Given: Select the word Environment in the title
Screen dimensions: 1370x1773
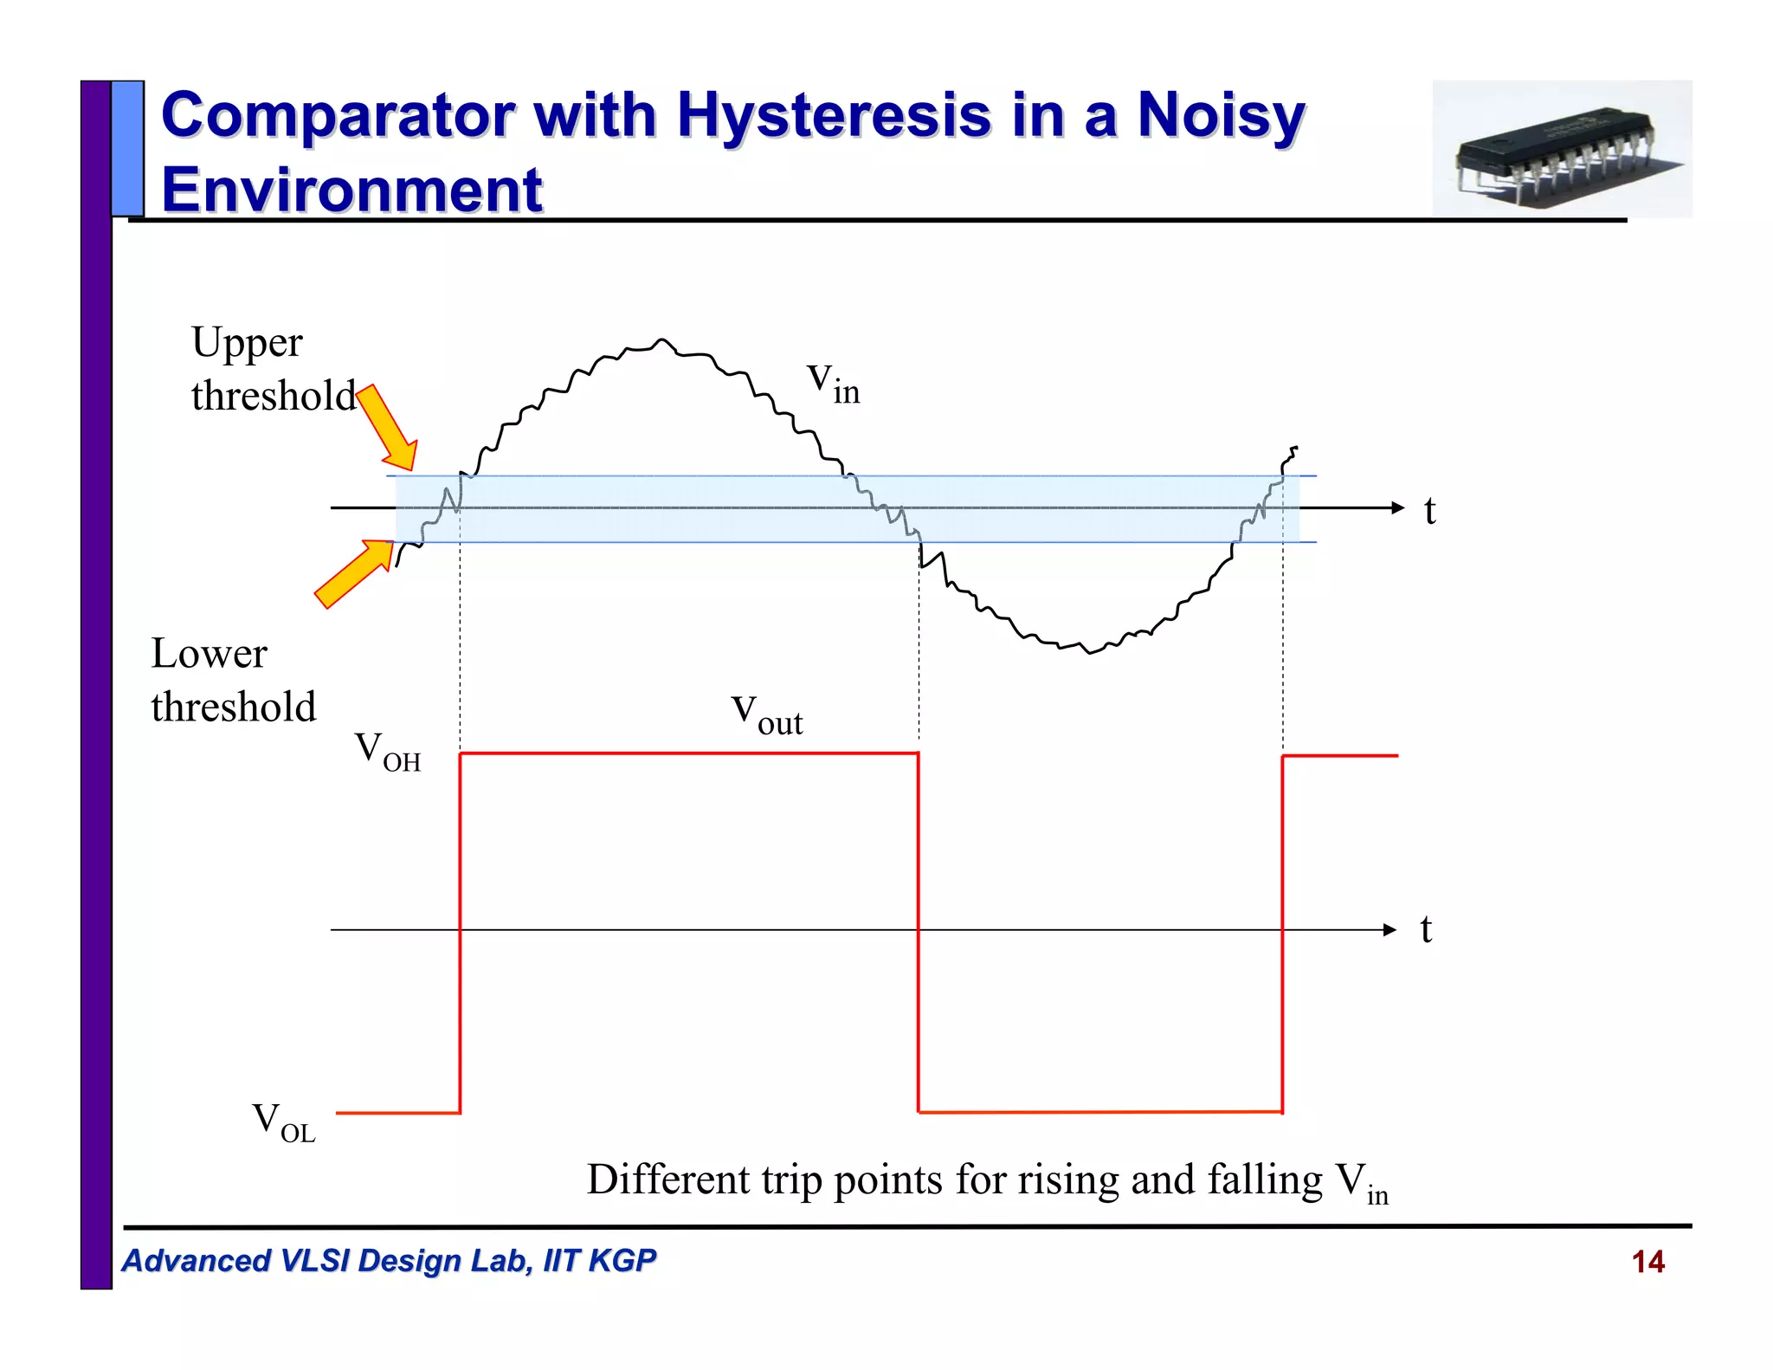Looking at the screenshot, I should pyautogui.click(x=351, y=191).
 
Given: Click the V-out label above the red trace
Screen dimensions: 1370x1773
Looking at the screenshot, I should pyautogui.click(x=767, y=714).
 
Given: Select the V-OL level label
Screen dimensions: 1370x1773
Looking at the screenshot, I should pyautogui.click(x=283, y=1121).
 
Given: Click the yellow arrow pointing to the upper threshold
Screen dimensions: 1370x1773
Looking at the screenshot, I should pyautogui.click(x=387, y=428).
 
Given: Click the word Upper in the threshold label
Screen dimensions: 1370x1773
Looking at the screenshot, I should pyautogui.click(x=247, y=343).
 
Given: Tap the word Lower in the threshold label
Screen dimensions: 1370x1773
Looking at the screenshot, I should pyautogui.click(x=209, y=654).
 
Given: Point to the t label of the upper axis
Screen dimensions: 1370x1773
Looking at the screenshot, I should pyautogui.click(x=1429, y=510).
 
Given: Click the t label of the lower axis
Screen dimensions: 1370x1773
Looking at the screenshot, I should pyautogui.click(x=1426, y=930).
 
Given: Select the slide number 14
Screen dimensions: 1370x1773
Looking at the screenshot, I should pyautogui.click(x=1647, y=1262).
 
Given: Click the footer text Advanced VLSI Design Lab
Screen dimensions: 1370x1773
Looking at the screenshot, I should pyautogui.click(x=388, y=1261).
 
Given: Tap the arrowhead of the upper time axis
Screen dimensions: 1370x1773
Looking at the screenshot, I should pyautogui.click(x=1396, y=507).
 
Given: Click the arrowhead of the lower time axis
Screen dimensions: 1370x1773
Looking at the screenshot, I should pyautogui.click(x=1389, y=930).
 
